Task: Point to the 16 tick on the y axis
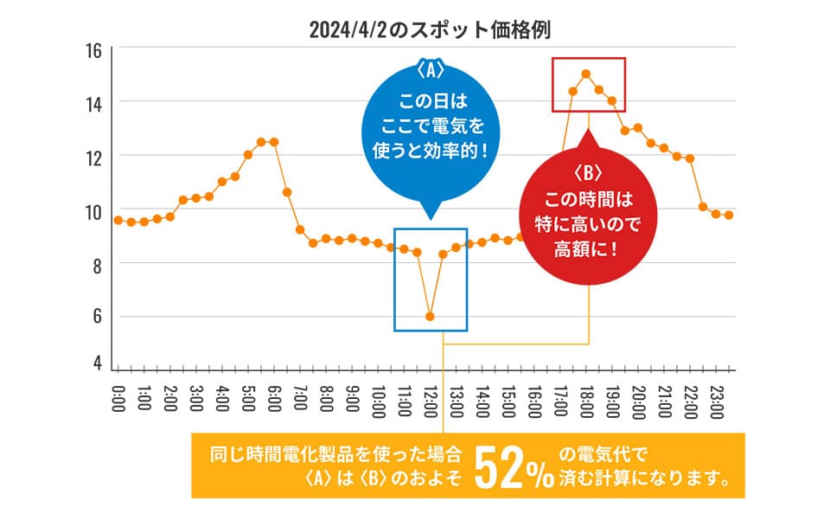93,51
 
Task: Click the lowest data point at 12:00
430,317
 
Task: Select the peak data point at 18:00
586,74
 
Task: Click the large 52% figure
514,471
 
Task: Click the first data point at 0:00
118,220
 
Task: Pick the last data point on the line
729,215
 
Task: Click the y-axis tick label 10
93,211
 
